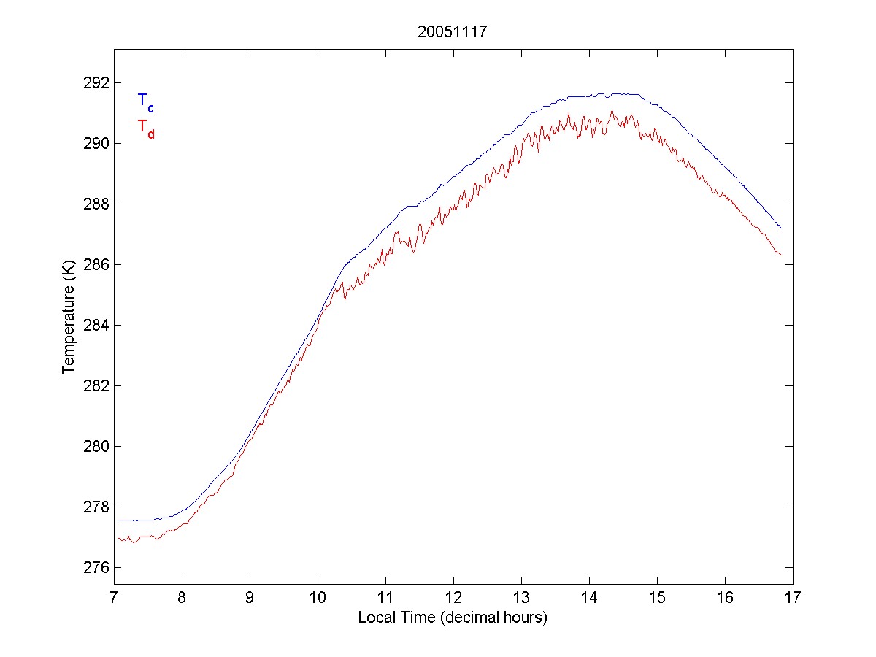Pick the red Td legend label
146,128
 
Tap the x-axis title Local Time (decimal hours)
453,618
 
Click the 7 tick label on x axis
114,599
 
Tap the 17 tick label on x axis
793,599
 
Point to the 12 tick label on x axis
453,599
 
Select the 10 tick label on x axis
318,599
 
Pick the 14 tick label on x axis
589,599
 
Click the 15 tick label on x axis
657,599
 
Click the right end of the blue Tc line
781,228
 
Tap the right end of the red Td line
781,255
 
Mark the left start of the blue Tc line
118,520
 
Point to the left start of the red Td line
118,538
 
